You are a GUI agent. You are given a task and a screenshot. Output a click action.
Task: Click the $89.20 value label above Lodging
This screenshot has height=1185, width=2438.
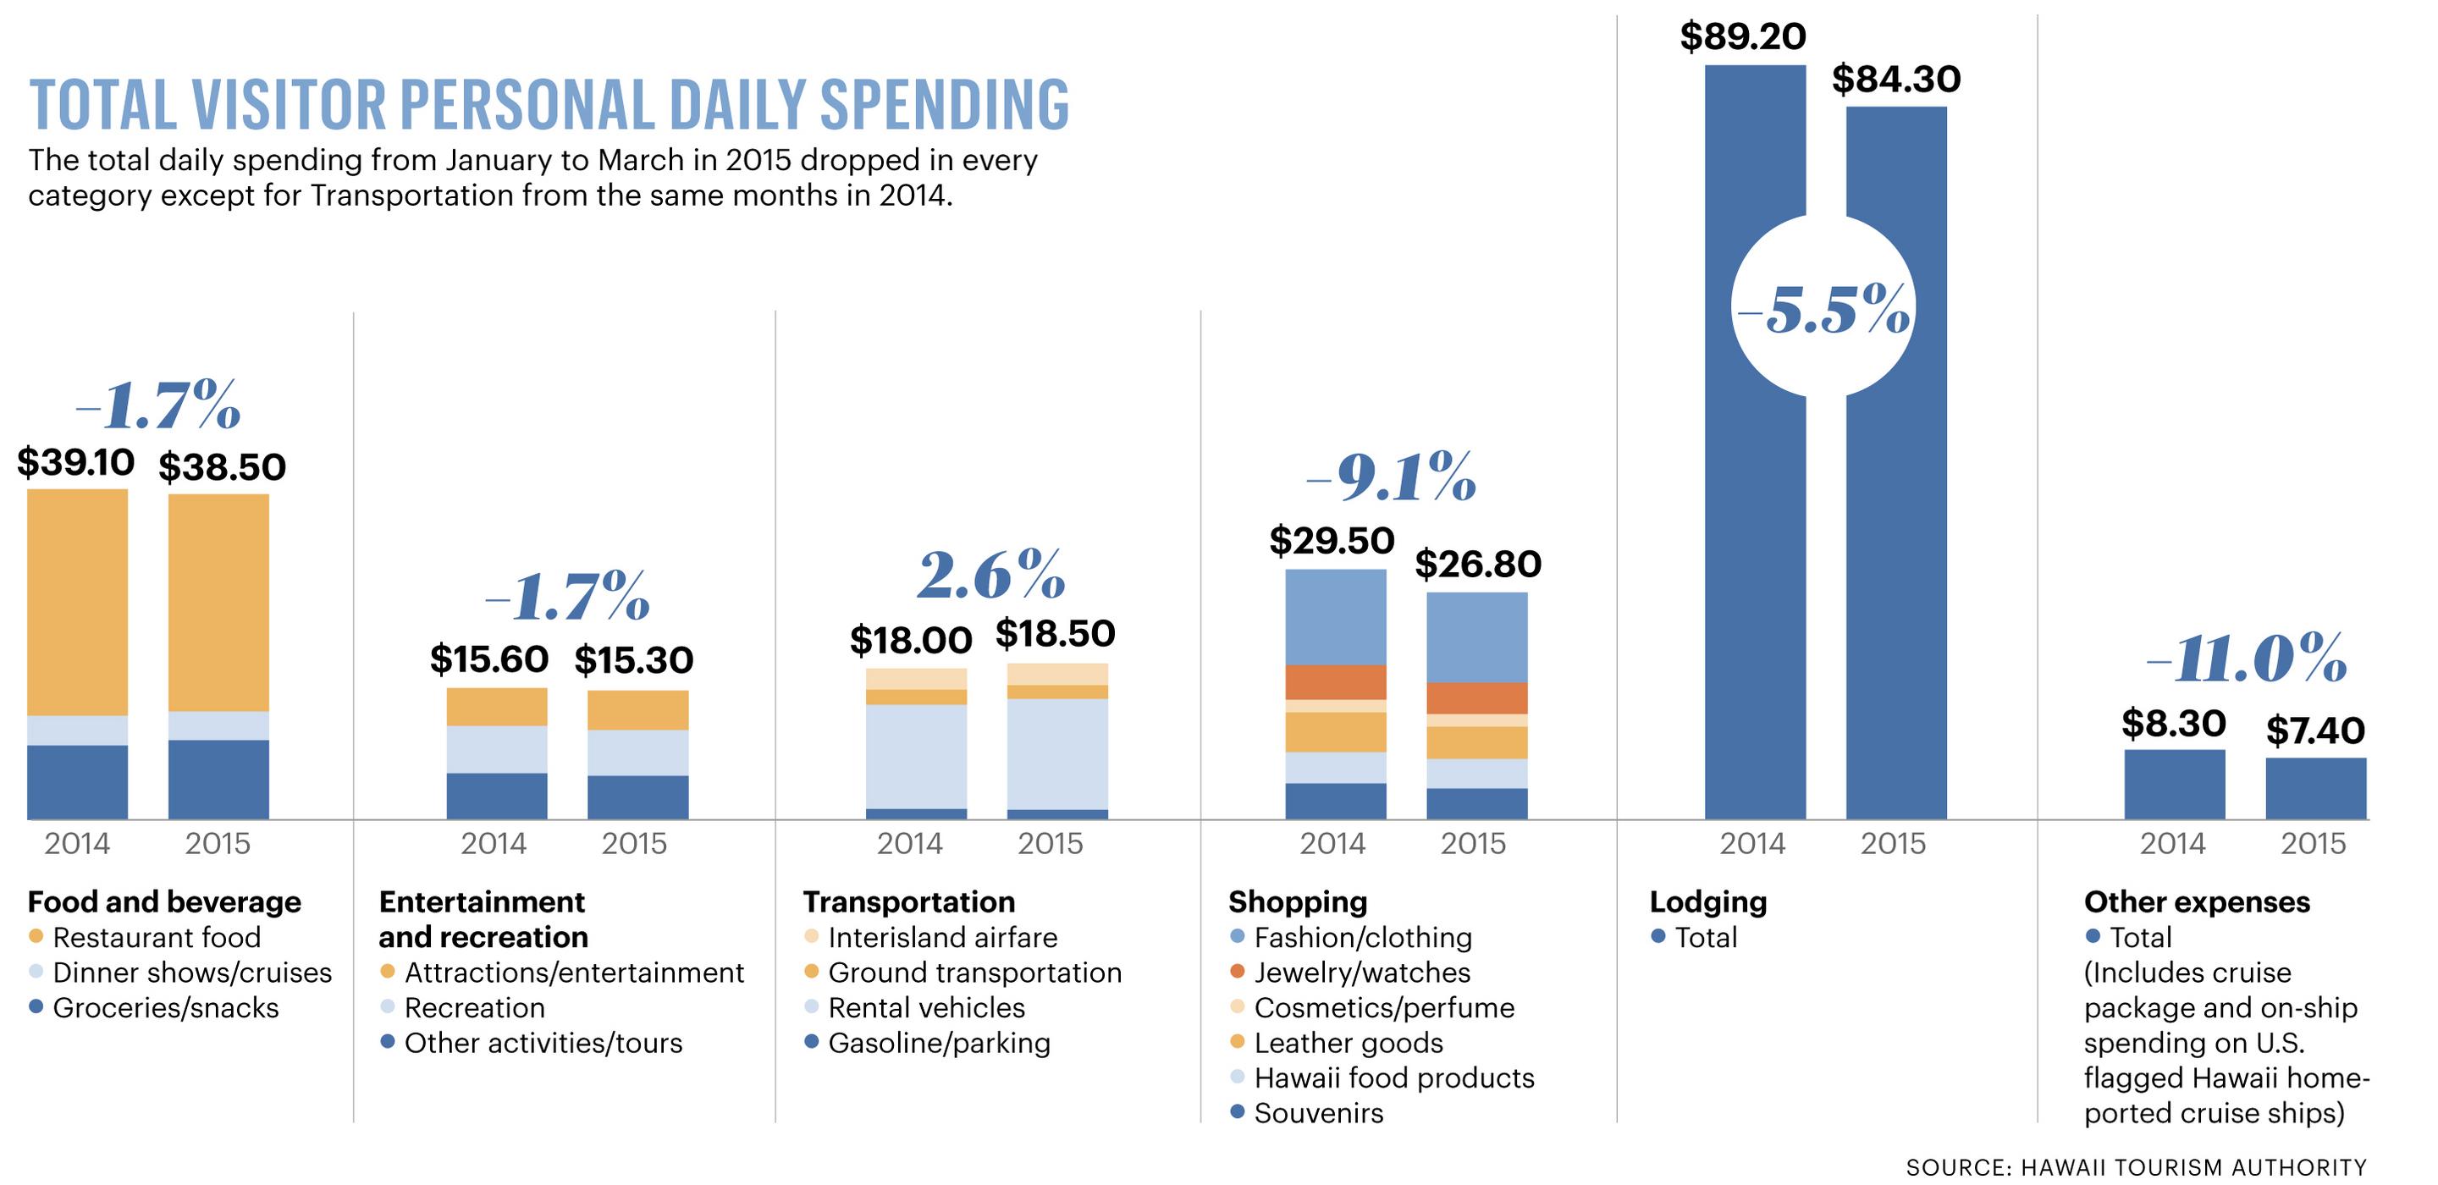(1742, 37)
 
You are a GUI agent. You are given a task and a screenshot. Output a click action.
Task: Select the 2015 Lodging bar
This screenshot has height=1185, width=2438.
(1895, 568)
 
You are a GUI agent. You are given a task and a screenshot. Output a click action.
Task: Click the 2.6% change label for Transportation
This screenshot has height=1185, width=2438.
(991, 576)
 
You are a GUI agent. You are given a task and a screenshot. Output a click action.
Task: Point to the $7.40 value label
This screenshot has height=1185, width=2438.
(2315, 730)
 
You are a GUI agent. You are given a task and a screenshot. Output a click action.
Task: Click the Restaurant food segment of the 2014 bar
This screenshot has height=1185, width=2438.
(77, 601)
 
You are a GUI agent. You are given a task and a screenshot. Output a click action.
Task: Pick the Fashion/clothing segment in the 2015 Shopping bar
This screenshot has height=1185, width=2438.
(1476, 637)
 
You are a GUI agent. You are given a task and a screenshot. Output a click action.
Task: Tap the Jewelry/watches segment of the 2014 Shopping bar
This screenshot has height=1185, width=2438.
(1336, 681)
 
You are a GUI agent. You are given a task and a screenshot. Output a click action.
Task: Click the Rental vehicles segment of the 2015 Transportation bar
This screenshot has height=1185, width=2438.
(1056, 753)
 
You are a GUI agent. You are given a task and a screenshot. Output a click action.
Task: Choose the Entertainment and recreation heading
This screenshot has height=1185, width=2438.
(483, 919)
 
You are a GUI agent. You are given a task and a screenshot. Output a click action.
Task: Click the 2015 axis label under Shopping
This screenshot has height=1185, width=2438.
(1473, 843)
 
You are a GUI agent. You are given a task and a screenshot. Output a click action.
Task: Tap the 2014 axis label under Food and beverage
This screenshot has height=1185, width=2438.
(77, 843)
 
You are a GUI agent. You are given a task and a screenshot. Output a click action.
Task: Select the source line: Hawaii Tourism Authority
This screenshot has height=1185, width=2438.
(2136, 1167)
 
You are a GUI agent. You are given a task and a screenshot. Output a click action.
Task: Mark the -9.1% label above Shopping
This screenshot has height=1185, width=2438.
(1390, 476)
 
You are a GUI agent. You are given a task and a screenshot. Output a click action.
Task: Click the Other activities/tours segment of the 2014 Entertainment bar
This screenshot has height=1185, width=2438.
(496, 796)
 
